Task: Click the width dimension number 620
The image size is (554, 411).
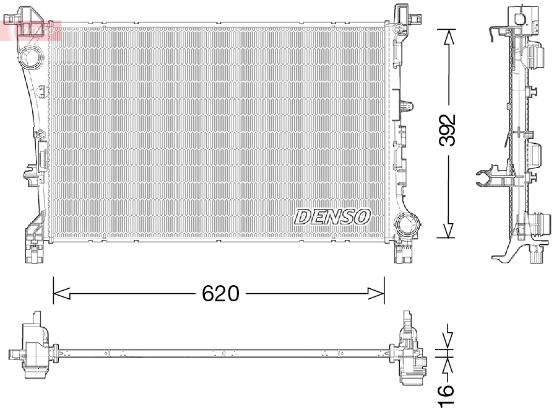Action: click(x=220, y=293)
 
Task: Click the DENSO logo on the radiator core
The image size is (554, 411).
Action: click(x=332, y=216)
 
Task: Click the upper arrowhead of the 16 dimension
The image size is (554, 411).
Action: click(x=447, y=342)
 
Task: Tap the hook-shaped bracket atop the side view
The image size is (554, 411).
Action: click(x=495, y=35)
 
